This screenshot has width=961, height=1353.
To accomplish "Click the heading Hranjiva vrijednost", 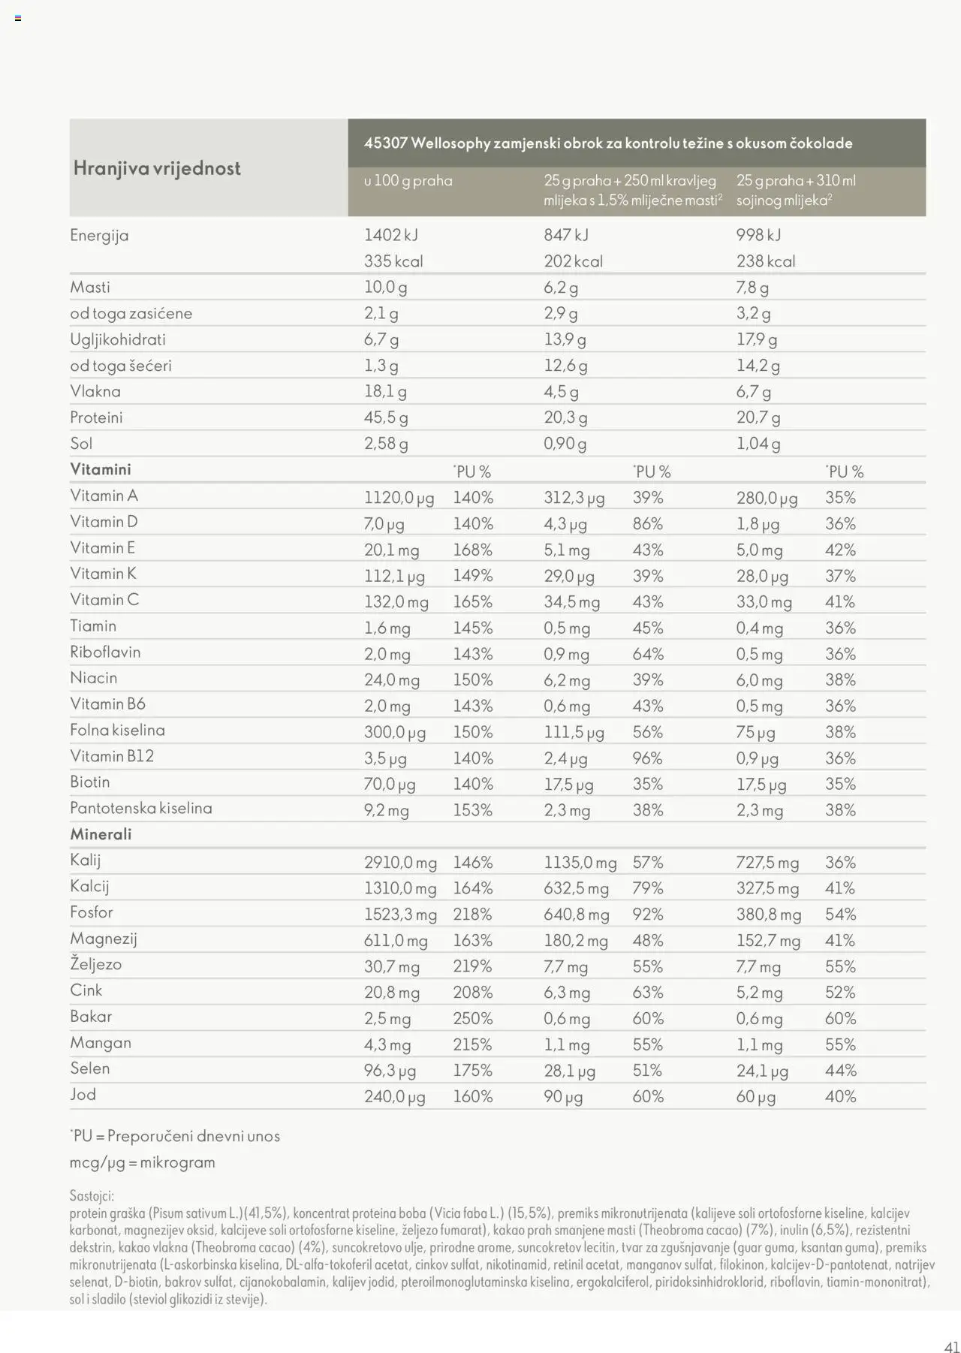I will pyautogui.click(x=157, y=168).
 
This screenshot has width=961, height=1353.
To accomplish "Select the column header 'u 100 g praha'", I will pyautogui.click(x=408, y=181).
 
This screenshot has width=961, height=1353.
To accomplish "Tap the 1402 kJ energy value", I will pyautogui.click(x=390, y=235).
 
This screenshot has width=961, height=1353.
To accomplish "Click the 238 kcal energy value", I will pyautogui.click(x=765, y=261).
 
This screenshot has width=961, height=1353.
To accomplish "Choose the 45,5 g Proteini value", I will pyautogui.click(x=386, y=417).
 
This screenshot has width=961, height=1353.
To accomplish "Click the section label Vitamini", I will pyautogui.click(x=101, y=469).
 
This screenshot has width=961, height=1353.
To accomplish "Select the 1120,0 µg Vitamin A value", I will pyautogui.click(x=399, y=498).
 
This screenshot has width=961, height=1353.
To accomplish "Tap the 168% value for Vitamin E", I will pyautogui.click(x=472, y=550).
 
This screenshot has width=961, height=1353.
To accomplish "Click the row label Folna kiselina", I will pyautogui.click(x=117, y=730).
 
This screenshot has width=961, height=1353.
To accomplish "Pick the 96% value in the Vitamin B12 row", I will pyautogui.click(x=647, y=758).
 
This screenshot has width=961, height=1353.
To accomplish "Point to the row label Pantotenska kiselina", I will pyautogui.click(x=141, y=809).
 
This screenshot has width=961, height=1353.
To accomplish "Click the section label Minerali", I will pyautogui.click(x=101, y=834).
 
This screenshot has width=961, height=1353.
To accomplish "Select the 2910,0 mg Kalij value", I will pyautogui.click(x=400, y=863).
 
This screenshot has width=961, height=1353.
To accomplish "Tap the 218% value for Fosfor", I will pyautogui.click(x=472, y=915).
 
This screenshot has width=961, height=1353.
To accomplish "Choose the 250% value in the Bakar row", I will pyautogui.click(x=472, y=1019).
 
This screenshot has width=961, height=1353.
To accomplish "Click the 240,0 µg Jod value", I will pyautogui.click(x=394, y=1097).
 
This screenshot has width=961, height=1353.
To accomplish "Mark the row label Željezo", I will pyautogui.click(x=95, y=965).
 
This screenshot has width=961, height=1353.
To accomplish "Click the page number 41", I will pyautogui.click(x=951, y=1346).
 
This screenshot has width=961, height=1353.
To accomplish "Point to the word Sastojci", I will pyautogui.click(x=92, y=1195).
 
